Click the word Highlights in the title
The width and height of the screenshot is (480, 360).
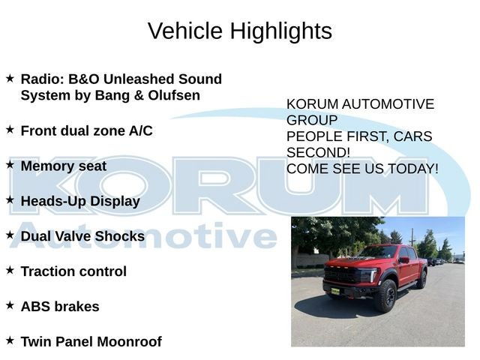pos(281,31)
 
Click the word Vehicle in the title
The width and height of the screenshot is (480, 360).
pos(185,31)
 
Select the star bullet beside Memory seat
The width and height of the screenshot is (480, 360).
pos(10,165)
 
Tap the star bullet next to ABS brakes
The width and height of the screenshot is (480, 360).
pos(10,305)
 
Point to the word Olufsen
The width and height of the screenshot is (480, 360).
pos(174,95)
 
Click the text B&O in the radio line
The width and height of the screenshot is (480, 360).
pos(83,79)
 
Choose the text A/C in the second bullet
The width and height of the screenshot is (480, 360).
pos(141,131)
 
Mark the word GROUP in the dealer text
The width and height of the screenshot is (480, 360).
pos(312,120)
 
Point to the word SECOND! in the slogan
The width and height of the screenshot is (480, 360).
pos(318,153)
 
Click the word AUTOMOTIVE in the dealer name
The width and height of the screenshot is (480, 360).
pos(388,104)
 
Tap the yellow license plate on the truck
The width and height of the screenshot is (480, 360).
pos(335,291)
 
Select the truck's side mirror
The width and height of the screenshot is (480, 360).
pos(404,260)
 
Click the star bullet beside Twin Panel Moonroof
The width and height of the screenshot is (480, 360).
pos(10,340)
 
